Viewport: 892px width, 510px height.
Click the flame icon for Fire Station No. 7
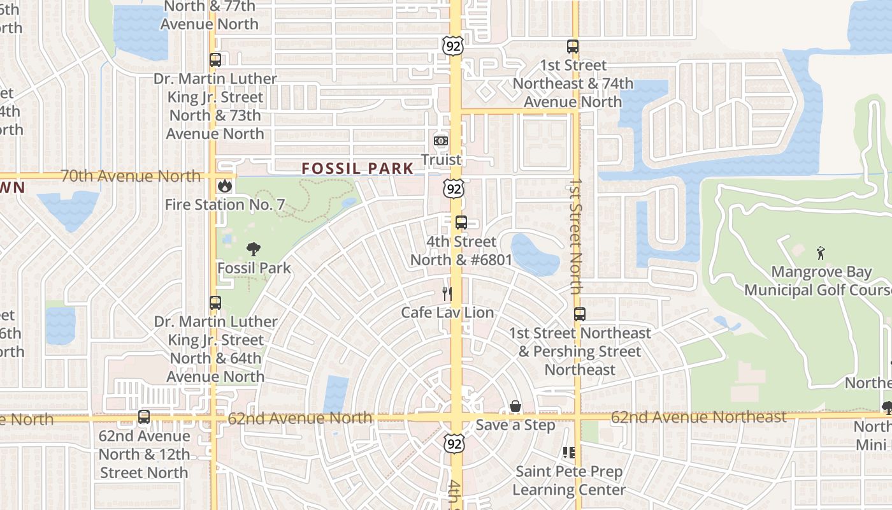tap(224, 186)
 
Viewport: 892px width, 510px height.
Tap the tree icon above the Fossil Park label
tap(254, 249)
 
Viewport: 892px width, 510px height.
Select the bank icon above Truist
tap(441, 140)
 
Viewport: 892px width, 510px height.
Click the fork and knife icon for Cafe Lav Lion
tap(447, 294)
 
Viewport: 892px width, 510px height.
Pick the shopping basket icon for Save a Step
tap(515, 406)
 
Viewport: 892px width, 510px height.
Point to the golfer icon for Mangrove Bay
tap(821, 253)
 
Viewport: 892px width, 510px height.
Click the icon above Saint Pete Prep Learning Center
tap(569, 453)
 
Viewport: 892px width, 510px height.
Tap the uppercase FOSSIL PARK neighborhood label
tap(357, 169)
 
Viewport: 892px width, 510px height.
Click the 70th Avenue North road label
tap(130, 176)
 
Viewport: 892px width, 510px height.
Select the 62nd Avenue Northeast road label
tap(698, 418)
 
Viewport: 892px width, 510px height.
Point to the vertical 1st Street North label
tap(575, 236)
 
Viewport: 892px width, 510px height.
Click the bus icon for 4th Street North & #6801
tap(461, 223)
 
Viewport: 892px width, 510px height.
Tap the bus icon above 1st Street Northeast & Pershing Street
tap(579, 314)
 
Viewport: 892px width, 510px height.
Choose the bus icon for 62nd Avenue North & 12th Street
tap(144, 418)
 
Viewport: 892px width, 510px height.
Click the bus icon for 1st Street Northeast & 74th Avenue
tap(573, 47)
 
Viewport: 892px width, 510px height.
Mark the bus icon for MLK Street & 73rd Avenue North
tap(215, 61)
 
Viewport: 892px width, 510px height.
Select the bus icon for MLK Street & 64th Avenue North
tap(215, 303)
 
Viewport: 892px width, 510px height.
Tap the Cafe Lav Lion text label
tap(447, 312)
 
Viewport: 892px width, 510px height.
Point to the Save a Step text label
tap(515, 425)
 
